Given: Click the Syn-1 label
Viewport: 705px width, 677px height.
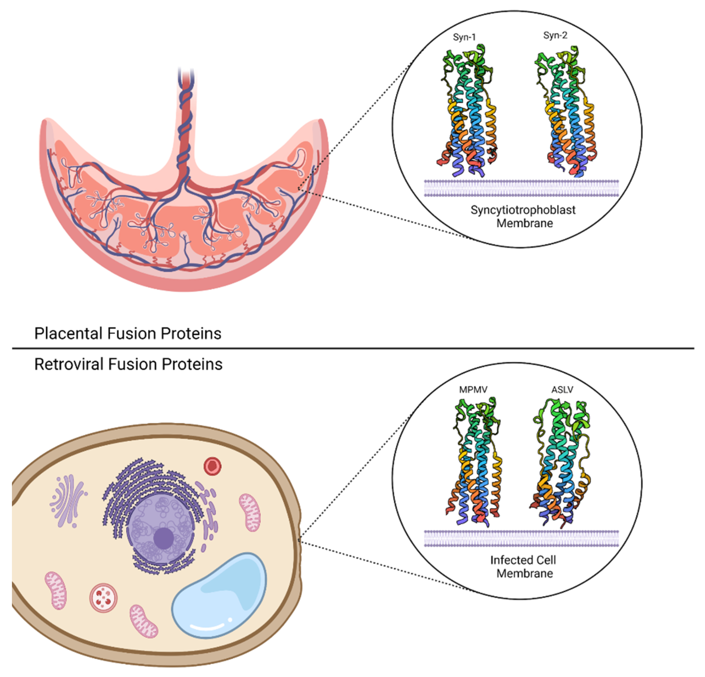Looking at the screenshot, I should (x=464, y=37).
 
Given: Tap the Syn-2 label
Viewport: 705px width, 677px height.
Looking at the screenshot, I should (x=555, y=35).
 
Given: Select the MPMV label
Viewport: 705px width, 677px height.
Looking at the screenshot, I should (x=473, y=390).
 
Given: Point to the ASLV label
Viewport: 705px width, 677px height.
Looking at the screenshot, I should (x=562, y=390).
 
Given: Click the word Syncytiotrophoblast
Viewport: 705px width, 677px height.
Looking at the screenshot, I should (x=523, y=210).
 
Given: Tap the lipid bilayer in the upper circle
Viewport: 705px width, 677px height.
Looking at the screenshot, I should (x=521, y=189).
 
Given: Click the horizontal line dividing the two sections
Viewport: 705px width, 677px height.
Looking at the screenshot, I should (x=352, y=348).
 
